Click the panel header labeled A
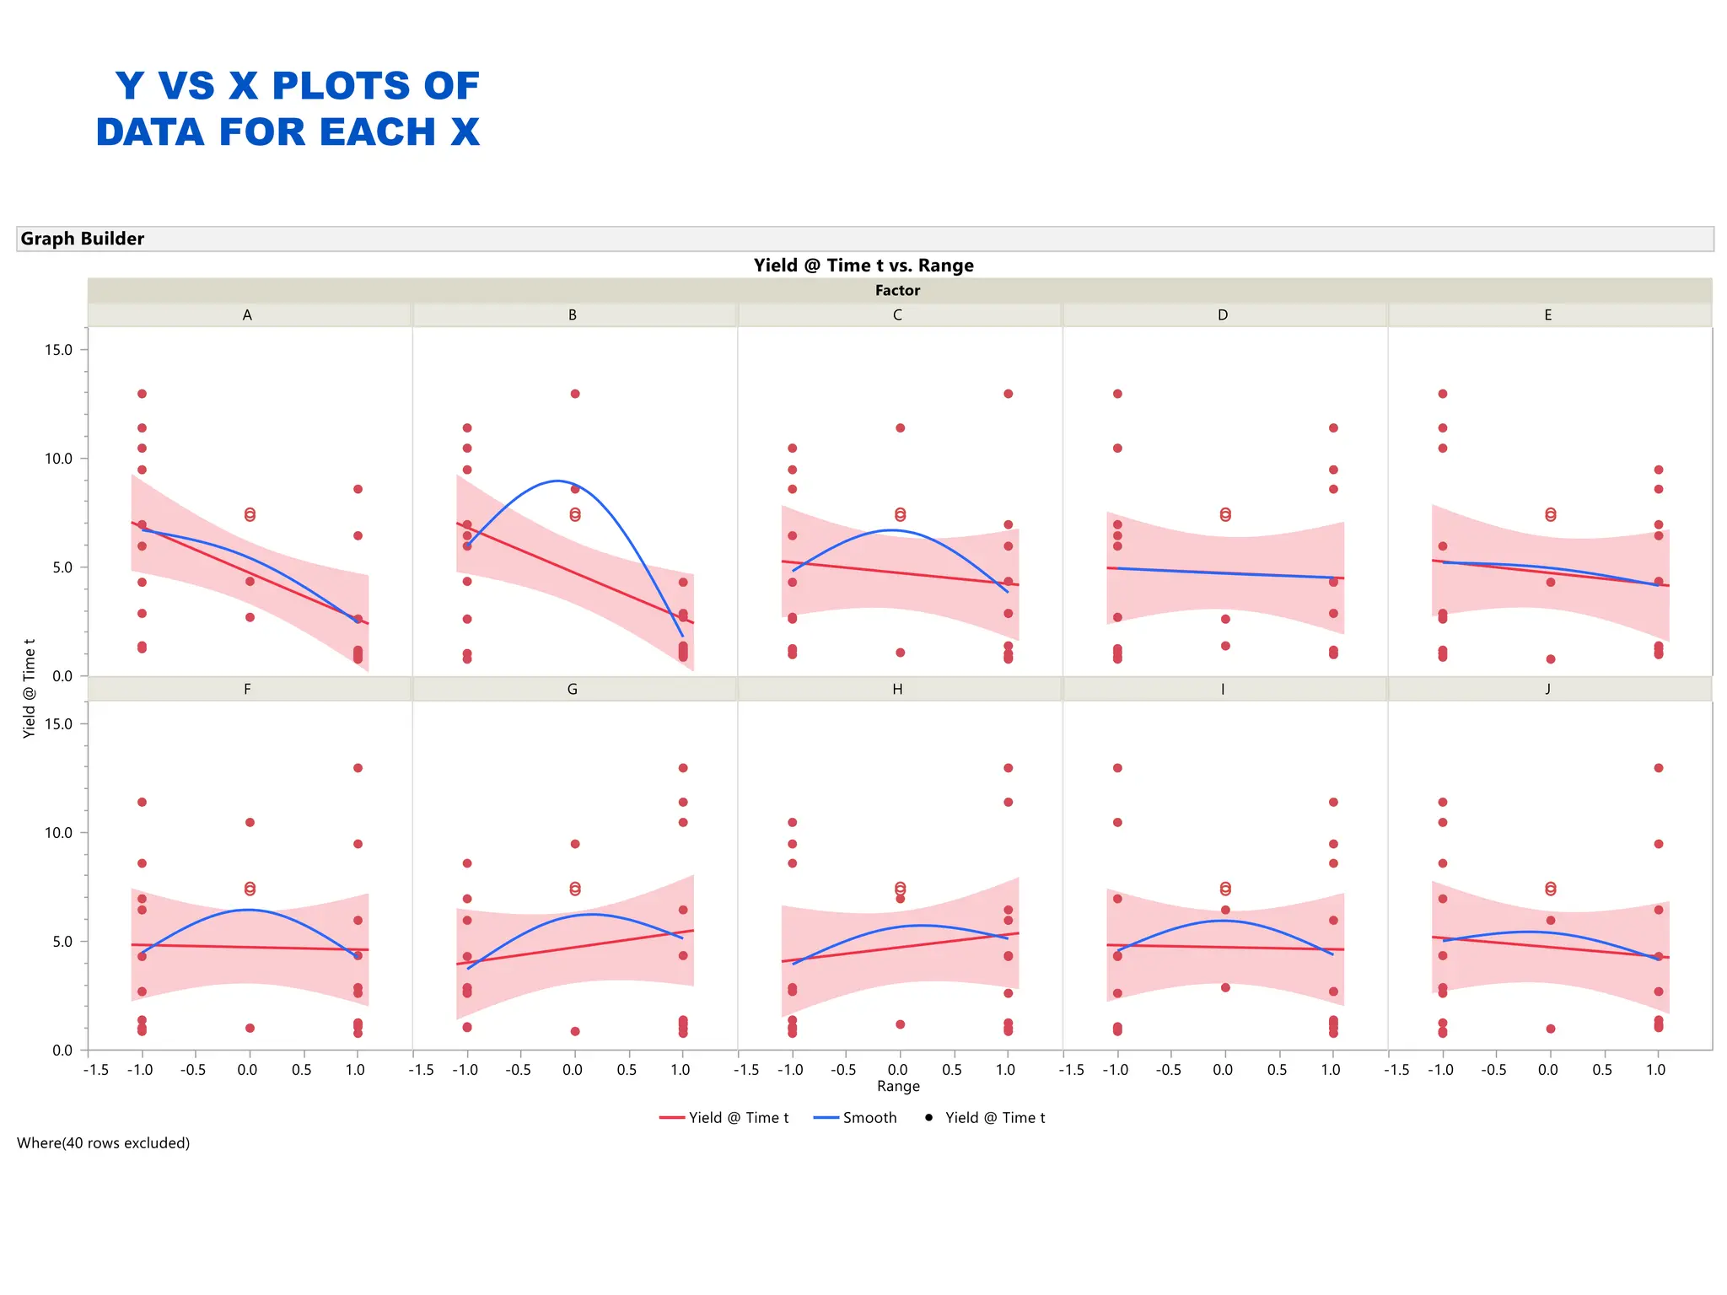click(247, 315)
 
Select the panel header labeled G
click(573, 690)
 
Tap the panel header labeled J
click(1548, 690)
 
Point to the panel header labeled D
click(1223, 315)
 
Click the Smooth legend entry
click(855, 1118)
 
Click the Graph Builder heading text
click(83, 239)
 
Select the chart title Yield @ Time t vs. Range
click(863, 266)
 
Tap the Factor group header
click(897, 290)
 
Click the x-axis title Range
click(898, 1086)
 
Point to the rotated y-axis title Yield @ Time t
click(30, 689)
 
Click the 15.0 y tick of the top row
click(59, 350)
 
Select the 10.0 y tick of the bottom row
click(59, 833)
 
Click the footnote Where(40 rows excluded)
click(104, 1143)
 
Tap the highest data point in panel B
click(575, 394)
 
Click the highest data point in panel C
click(1008, 394)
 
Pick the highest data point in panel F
click(358, 768)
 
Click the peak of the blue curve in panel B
click(557, 481)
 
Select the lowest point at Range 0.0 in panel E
click(1550, 659)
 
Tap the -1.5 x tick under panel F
click(97, 1070)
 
